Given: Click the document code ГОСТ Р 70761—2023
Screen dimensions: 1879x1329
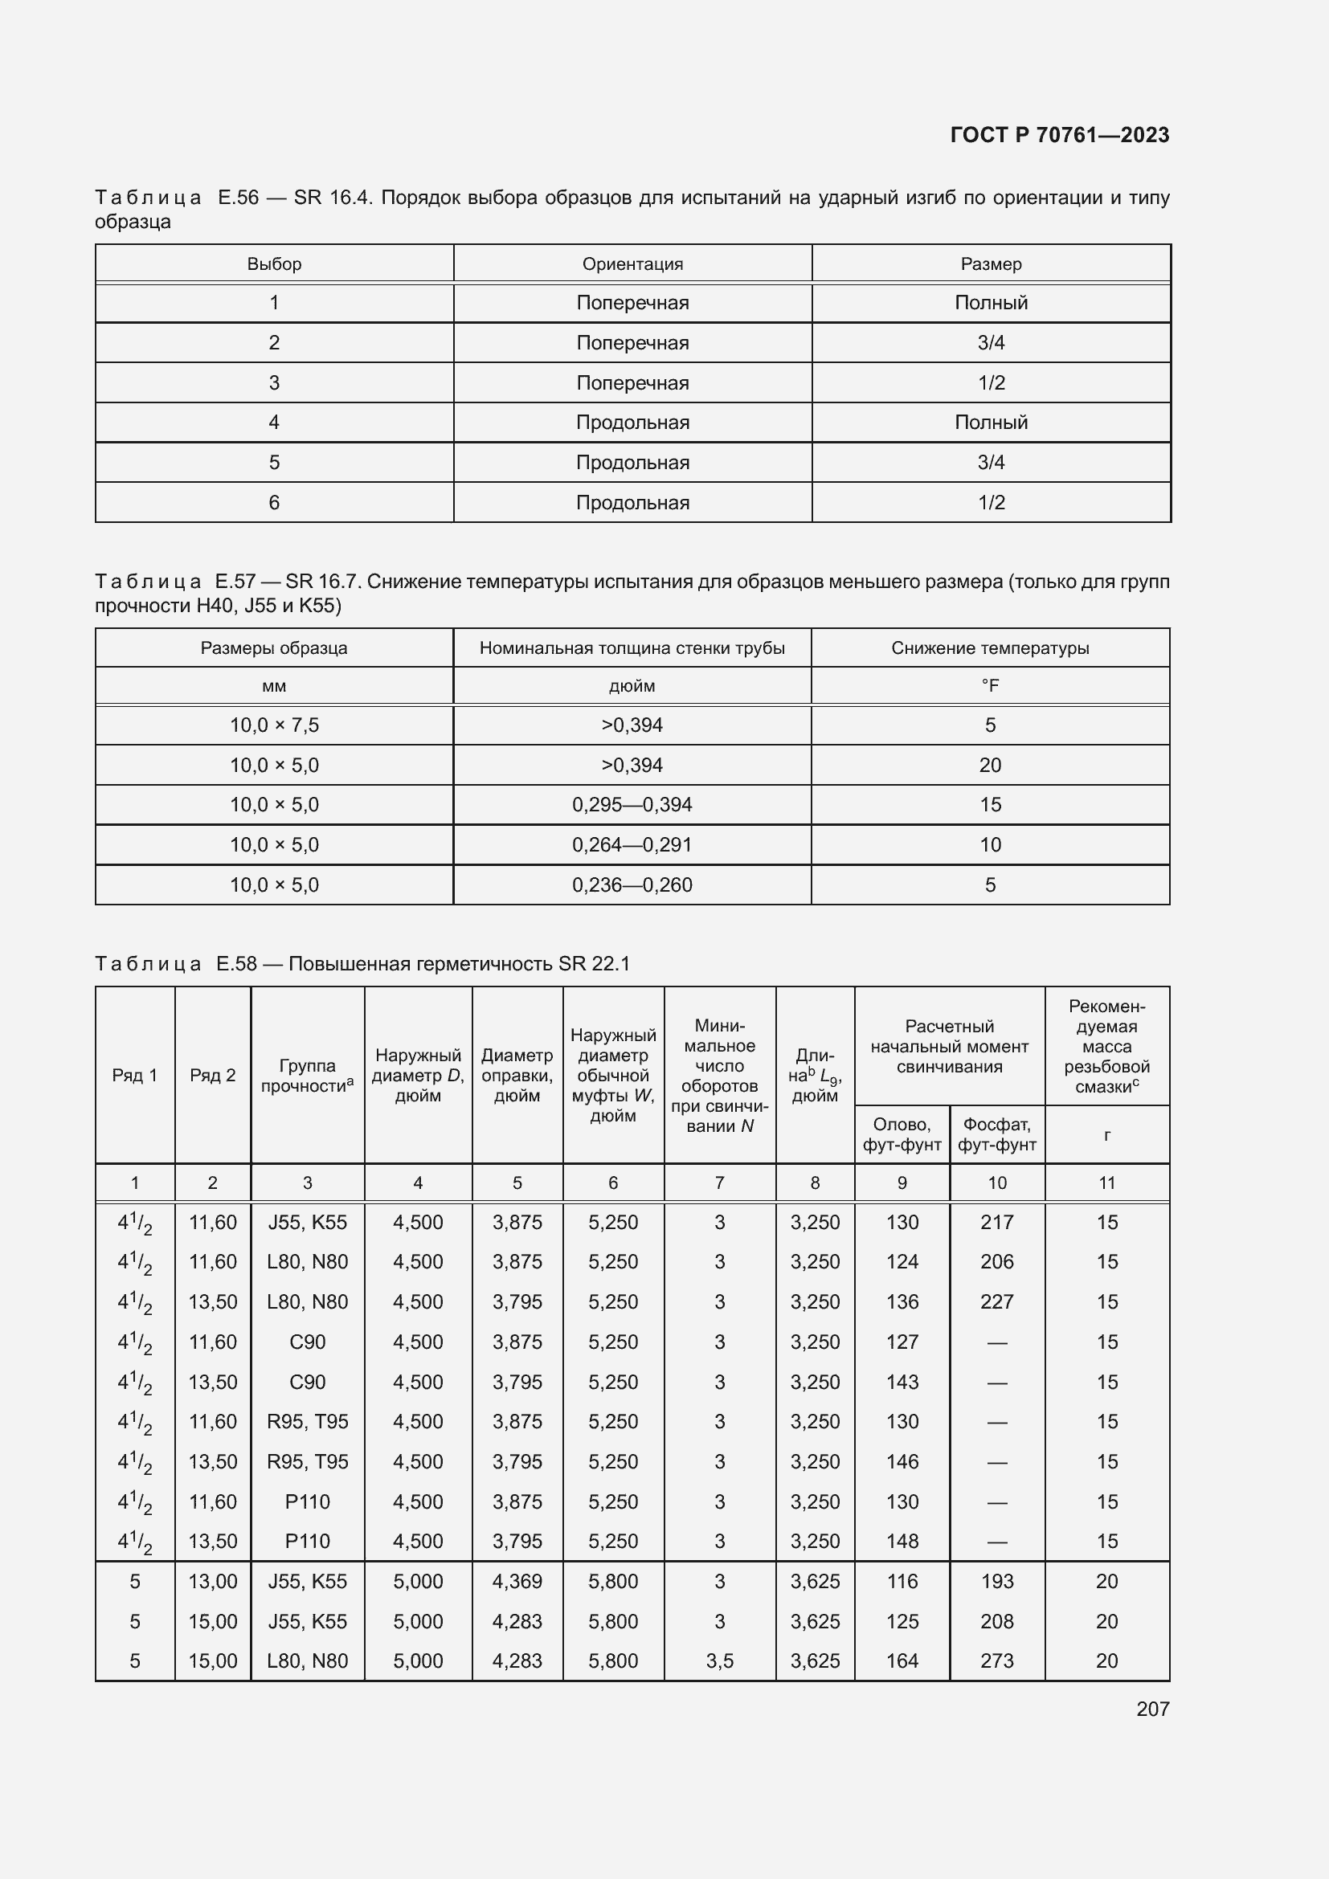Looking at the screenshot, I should [x=1059, y=135].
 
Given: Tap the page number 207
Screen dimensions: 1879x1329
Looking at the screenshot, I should [x=1152, y=1709].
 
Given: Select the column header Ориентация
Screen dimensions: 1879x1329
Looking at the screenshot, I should [x=632, y=263].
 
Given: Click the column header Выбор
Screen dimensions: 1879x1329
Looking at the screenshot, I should [x=274, y=263].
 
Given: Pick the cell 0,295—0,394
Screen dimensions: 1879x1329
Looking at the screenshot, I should [x=632, y=804].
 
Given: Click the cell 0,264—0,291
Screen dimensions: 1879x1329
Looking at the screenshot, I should [x=632, y=844].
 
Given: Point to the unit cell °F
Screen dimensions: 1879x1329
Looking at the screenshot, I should [x=990, y=686].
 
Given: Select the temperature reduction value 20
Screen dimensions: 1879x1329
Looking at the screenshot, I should [x=990, y=766].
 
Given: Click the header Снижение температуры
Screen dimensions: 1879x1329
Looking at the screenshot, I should [x=990, y=648].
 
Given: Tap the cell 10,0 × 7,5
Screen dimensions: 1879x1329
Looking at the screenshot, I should [x=274, y=725].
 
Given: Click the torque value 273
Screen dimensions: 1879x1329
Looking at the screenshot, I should [x=996, y=1660].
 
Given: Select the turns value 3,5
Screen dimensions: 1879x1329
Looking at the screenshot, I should [x=719, y=1660].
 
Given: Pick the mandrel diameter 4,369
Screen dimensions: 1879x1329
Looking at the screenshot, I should [x=517, y=1581].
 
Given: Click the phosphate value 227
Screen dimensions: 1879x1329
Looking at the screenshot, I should [x=996, y=1301].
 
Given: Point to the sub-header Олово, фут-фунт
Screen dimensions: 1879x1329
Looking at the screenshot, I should [x=902, y=1134].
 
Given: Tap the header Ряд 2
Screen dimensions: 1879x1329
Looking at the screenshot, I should [x=213, y=1076].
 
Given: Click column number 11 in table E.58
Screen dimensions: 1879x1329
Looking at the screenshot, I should [x=1106, y=1183].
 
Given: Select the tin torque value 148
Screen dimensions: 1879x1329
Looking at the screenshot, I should [x=902, y=1541].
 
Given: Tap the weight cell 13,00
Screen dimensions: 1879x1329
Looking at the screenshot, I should [x=213, y=1581].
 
